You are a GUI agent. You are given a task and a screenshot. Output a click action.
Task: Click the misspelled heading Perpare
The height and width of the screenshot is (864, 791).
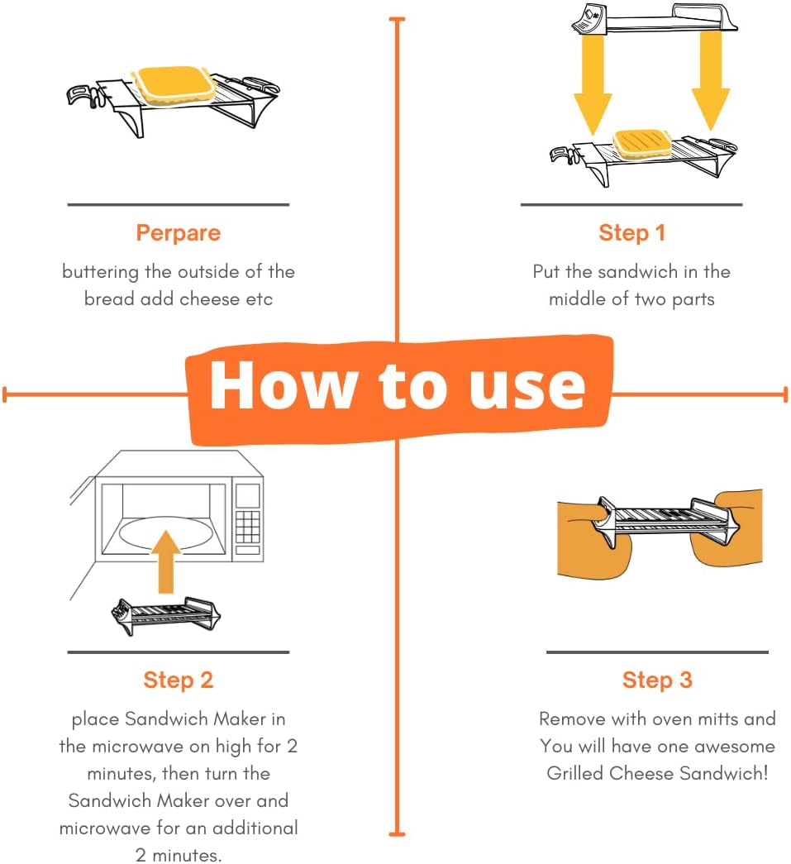click(x=178, y=233)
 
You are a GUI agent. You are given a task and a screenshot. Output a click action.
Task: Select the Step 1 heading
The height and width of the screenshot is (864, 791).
click(x=631, y=233)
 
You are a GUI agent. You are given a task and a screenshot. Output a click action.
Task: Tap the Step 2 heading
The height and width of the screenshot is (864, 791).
click(x=178, y=680)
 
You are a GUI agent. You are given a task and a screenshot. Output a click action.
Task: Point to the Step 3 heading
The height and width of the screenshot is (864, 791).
click(x=657, y=680)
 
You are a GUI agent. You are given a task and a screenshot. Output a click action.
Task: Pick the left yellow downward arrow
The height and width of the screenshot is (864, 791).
click(x=593, y=83)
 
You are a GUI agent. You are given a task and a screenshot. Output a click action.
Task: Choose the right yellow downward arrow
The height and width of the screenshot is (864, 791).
click(x=711, y=80)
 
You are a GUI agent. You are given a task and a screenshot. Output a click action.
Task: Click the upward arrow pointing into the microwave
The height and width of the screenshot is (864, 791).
click(x=166, y=561)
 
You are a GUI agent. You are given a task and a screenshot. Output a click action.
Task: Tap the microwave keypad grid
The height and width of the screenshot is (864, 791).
click(x=247, y=526)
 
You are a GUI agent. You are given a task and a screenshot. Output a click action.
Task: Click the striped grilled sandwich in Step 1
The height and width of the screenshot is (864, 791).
click(x=642, y=143)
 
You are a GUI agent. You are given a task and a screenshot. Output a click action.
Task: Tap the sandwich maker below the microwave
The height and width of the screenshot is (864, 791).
click(x=166, y=615)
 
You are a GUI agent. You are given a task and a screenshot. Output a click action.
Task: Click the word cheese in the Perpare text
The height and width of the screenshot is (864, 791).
click(x=210, y=299)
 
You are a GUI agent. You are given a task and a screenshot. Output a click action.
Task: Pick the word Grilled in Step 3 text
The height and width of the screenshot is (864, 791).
click(x=575, y=773)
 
